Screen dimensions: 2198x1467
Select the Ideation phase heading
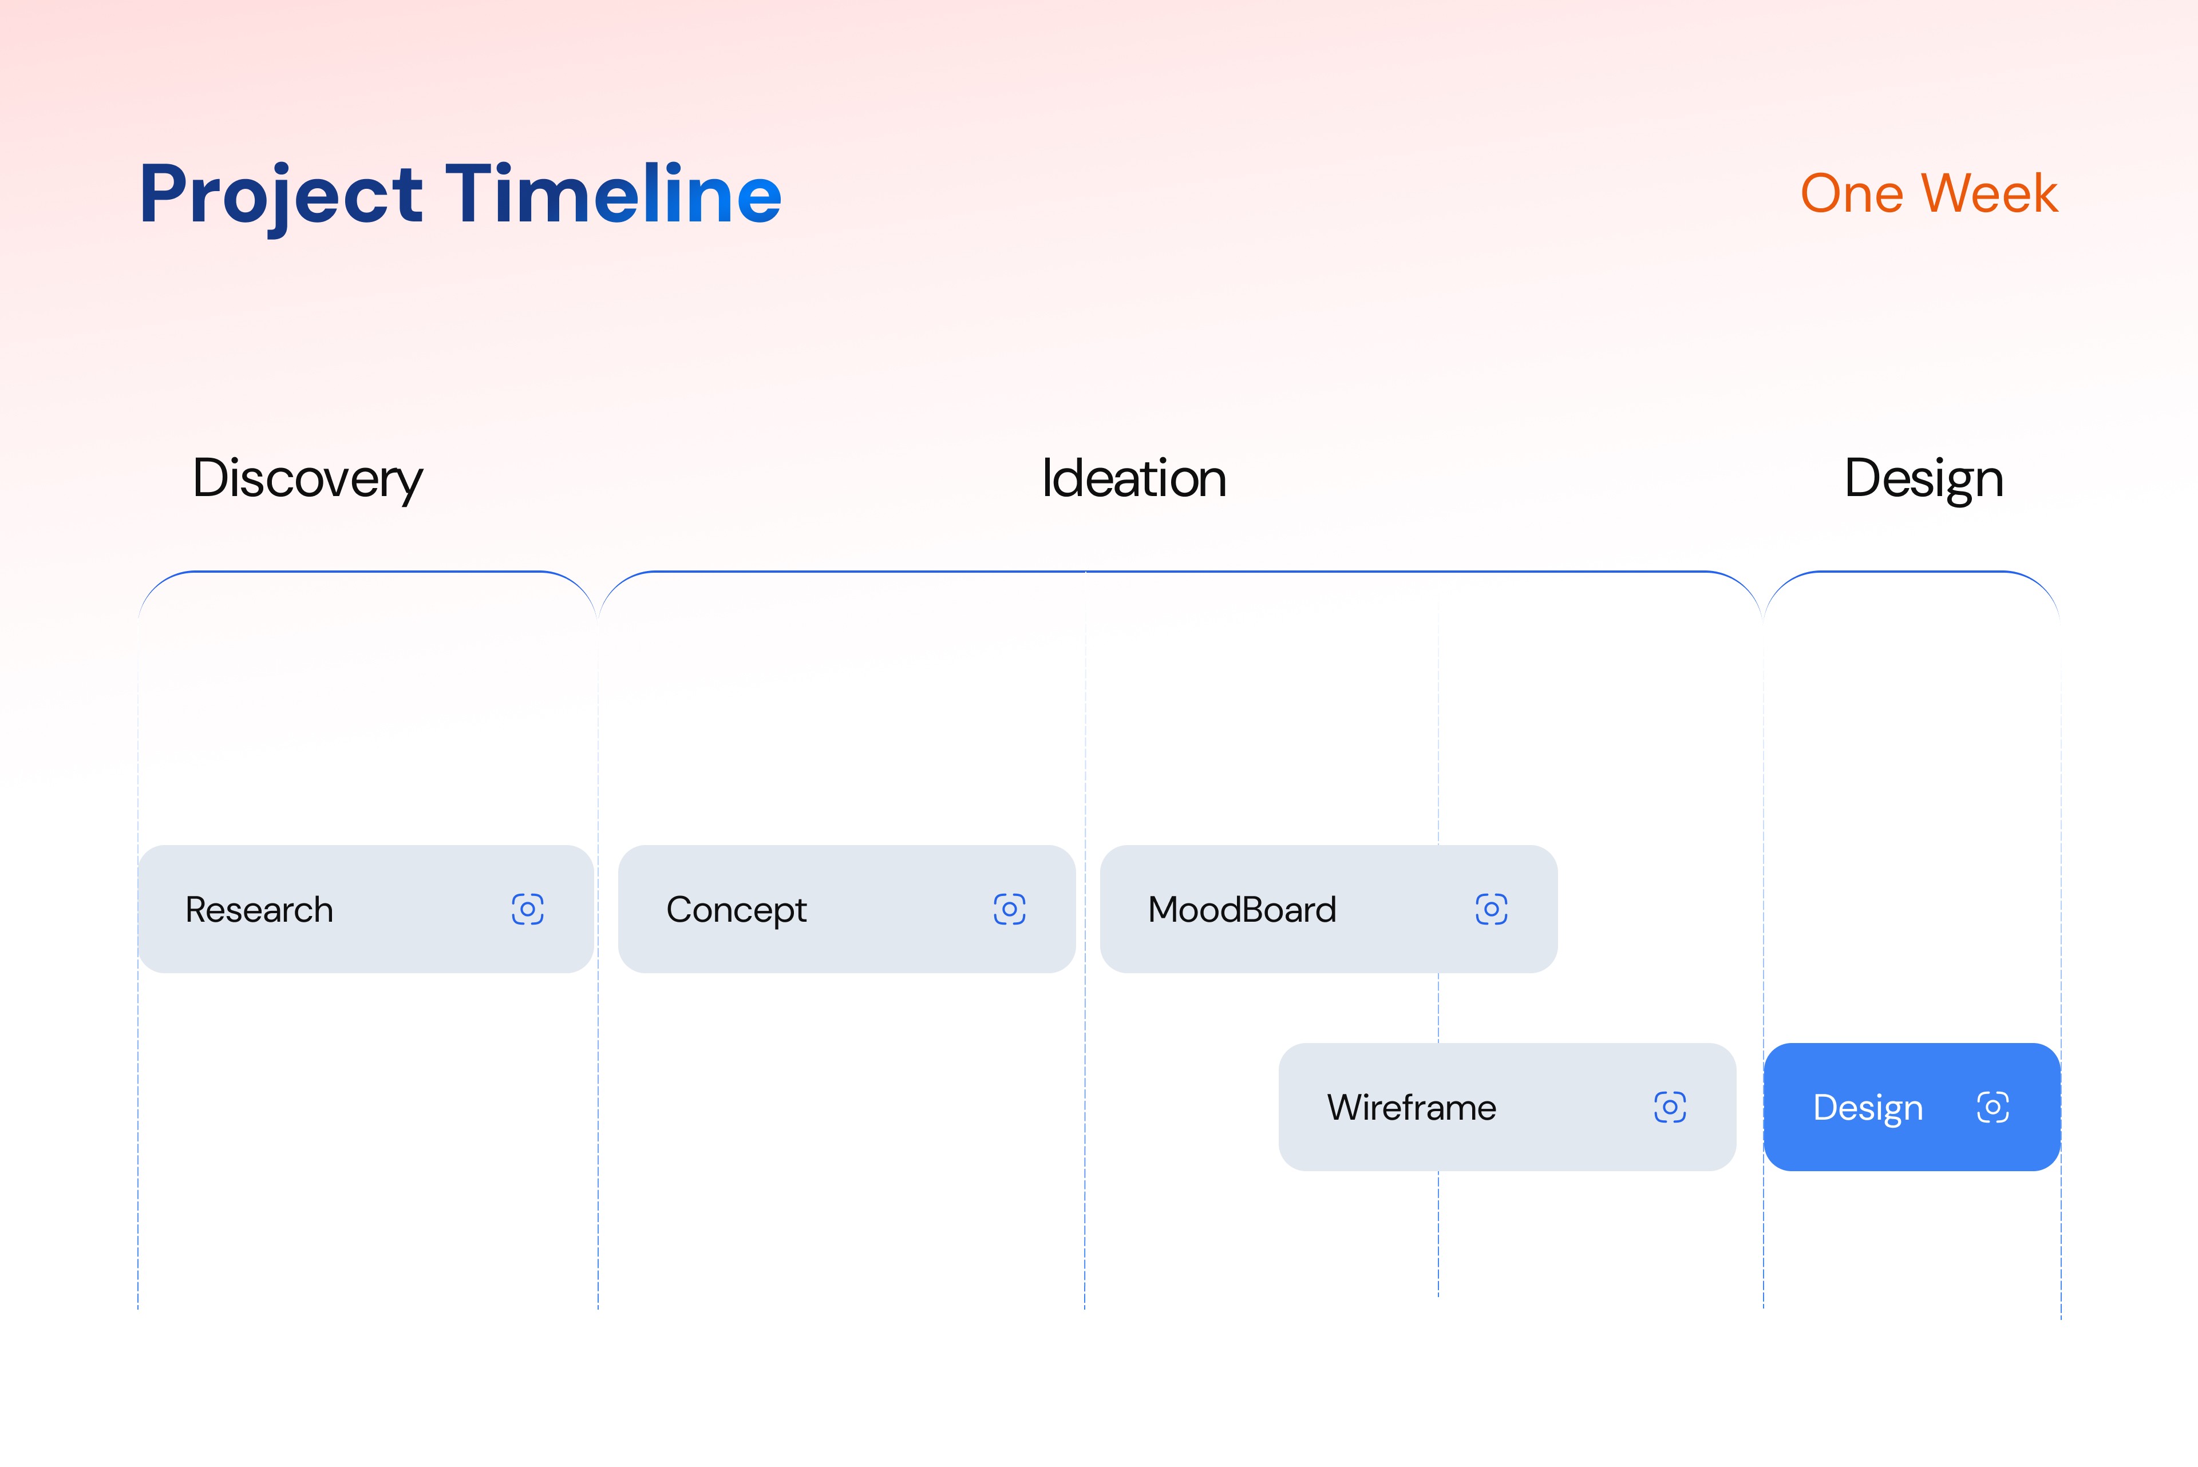point(1134,478)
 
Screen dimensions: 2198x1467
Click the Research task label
point(259,909)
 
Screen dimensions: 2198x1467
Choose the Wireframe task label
point(1412,1108)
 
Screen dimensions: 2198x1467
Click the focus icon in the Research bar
point(528,909)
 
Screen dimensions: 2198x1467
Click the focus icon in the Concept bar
point(1010,909)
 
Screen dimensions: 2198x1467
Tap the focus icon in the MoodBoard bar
point(1492,909)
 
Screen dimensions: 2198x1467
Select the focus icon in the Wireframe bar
point(1670,1108)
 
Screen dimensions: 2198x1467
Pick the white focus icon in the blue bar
point(1993,1108)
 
